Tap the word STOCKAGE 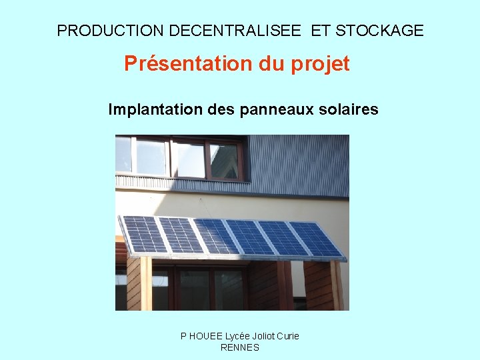point(379,31)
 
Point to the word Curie point(287,336)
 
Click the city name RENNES point(239,347)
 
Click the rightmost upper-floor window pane point(224,160)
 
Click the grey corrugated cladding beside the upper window point(300,163)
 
